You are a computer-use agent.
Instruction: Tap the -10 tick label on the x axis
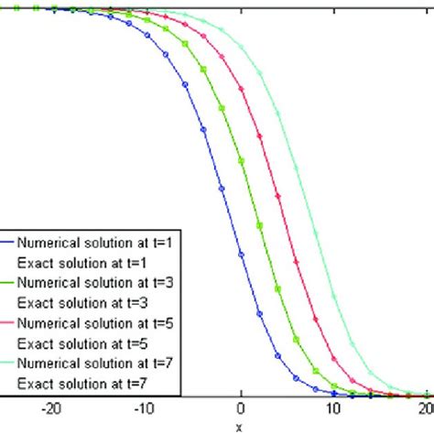click(x=146, y=409)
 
